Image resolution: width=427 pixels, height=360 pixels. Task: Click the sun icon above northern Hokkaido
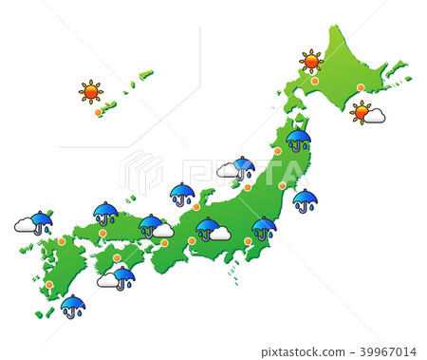(311, 62)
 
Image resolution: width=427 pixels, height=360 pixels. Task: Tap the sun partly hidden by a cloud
(362, 112)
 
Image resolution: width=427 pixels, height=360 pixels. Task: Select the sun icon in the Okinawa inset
(91, 91)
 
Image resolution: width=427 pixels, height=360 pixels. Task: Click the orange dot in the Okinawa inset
(98, 112)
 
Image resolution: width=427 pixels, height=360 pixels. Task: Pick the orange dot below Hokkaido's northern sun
(315, 81)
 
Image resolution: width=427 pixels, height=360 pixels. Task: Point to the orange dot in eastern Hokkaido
(361, 87)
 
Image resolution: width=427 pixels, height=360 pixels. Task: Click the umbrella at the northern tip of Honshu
(298, 139)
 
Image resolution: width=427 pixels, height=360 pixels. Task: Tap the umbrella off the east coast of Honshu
(305, 199)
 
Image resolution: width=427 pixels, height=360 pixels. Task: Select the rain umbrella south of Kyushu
(72, 305)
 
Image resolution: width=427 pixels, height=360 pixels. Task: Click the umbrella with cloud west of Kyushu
(41, 222)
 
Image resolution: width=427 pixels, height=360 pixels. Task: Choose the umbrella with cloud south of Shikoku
(123, 276)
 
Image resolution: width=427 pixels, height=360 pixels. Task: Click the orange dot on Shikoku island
(117, 257)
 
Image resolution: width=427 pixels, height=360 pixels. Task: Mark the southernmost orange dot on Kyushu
(49, 284)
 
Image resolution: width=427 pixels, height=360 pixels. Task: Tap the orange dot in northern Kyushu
(62, 241)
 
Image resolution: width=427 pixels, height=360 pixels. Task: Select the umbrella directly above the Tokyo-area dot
(264, 227)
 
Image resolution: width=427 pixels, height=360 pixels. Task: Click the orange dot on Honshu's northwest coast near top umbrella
(278, 151)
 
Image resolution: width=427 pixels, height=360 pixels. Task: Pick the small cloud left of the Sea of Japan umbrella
(227, 171)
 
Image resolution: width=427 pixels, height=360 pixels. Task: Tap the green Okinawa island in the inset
(109, 105)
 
